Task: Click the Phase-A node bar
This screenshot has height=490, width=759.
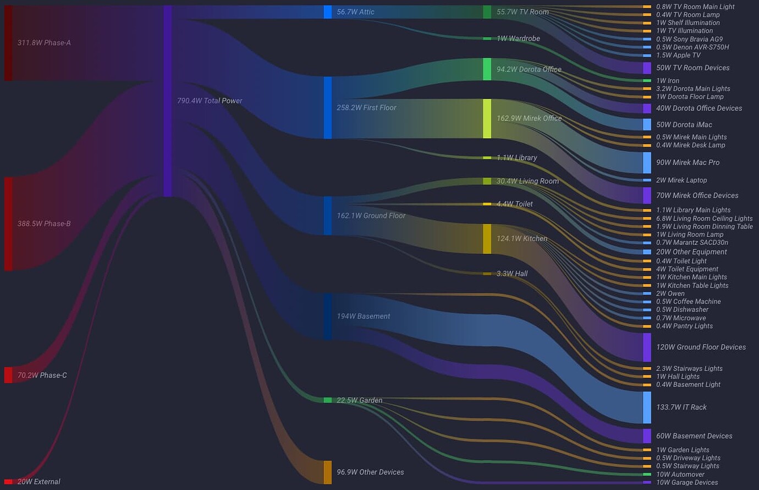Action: pos(8,43)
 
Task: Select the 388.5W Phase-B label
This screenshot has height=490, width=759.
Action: pos(44,224)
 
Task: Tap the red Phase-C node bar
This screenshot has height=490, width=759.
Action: pos(8,375)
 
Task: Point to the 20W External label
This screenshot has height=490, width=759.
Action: pos(38,482)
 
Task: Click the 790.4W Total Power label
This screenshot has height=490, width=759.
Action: pos(210,101)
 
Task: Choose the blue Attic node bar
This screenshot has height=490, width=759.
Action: pos(328,12)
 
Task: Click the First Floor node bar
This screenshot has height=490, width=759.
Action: pos(328,108)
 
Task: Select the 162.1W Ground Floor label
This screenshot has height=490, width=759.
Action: pos(371,216)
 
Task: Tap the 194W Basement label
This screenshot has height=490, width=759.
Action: pos(363,317)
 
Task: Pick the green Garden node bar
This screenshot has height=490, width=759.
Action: pos(328,400)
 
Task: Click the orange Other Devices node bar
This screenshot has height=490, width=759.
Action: pos(328,472)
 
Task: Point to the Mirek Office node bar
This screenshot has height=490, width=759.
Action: pos(487,119)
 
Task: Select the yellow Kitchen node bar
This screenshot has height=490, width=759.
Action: pos(487,239)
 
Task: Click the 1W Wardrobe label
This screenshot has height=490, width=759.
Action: pos(518,39)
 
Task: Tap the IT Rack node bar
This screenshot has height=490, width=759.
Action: pos(647,407)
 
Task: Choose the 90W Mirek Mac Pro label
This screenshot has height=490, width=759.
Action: pos(687,162)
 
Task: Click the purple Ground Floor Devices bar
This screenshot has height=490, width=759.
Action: pos(647,347)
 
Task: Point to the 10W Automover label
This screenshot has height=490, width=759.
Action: pos(680,475)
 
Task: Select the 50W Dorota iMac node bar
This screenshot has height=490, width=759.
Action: pos(647,124)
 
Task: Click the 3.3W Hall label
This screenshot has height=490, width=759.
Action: pos(512,274)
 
